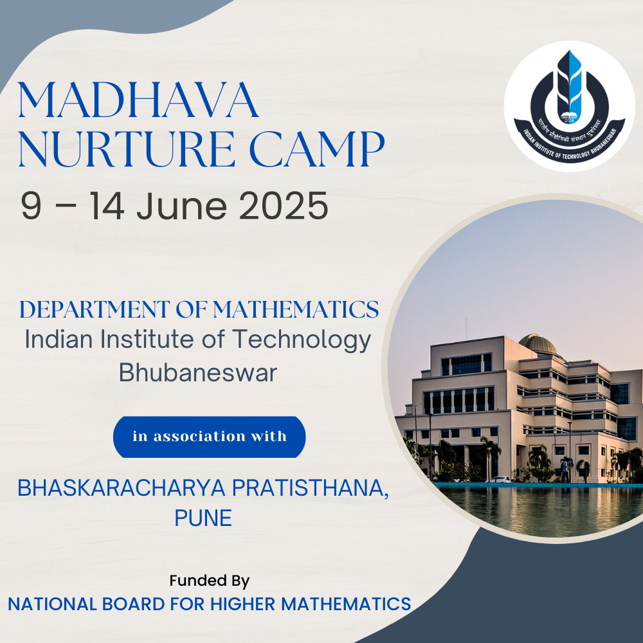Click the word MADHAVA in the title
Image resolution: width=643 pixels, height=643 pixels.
138,100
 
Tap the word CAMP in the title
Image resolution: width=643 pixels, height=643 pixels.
317,149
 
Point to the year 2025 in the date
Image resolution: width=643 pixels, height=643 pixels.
284,206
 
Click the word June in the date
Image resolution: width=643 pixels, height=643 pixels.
182,206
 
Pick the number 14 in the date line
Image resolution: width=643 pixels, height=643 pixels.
107,206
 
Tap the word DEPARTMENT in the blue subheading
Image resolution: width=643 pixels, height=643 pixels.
95,310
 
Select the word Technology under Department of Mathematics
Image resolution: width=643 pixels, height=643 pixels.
302,340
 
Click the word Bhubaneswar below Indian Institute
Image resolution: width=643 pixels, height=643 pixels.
198,373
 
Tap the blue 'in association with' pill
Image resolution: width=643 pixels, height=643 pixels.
209,437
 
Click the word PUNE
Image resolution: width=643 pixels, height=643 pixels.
203,518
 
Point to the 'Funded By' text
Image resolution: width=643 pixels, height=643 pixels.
209,581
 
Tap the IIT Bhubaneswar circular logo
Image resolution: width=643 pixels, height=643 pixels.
569,106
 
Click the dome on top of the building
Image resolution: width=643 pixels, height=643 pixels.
538,343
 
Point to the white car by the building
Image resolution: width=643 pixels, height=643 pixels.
498,480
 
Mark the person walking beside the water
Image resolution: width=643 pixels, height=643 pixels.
565,471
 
